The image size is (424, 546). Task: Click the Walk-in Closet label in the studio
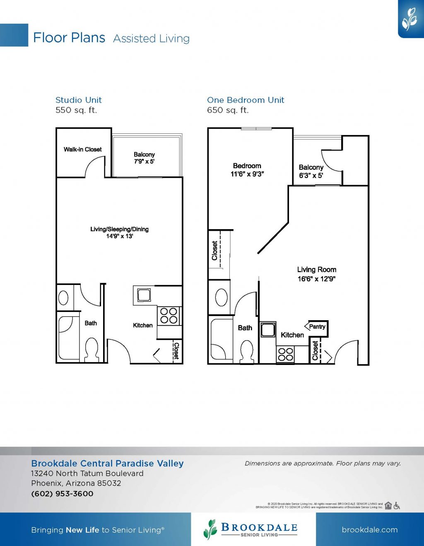point(82,150)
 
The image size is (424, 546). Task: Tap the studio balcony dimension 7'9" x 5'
point(144,162)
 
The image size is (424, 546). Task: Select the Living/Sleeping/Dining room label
point(119,229)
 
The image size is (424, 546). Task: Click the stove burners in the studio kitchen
point(169,315)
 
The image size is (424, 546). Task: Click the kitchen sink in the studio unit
point(144,295)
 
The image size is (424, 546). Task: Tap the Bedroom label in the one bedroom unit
point(247,166)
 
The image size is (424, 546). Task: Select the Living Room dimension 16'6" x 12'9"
point(316,279)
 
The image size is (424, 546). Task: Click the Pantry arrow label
point(316,326)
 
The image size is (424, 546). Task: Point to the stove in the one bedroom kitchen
point(285,355)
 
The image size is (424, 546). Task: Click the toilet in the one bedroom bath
point(247,351)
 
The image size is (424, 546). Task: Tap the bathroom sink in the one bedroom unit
point(221,297)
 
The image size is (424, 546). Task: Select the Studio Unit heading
point(78,100)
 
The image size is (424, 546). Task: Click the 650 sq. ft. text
point(228,110)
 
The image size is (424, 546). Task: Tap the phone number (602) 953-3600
point(62,494)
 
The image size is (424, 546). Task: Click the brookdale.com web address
point(369,530)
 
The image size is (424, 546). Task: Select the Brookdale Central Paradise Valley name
point(107,464)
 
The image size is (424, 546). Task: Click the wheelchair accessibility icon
point(397,505)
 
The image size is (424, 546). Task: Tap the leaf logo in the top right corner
point(410,19)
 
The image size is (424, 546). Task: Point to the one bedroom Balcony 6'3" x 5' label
point(311,171)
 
